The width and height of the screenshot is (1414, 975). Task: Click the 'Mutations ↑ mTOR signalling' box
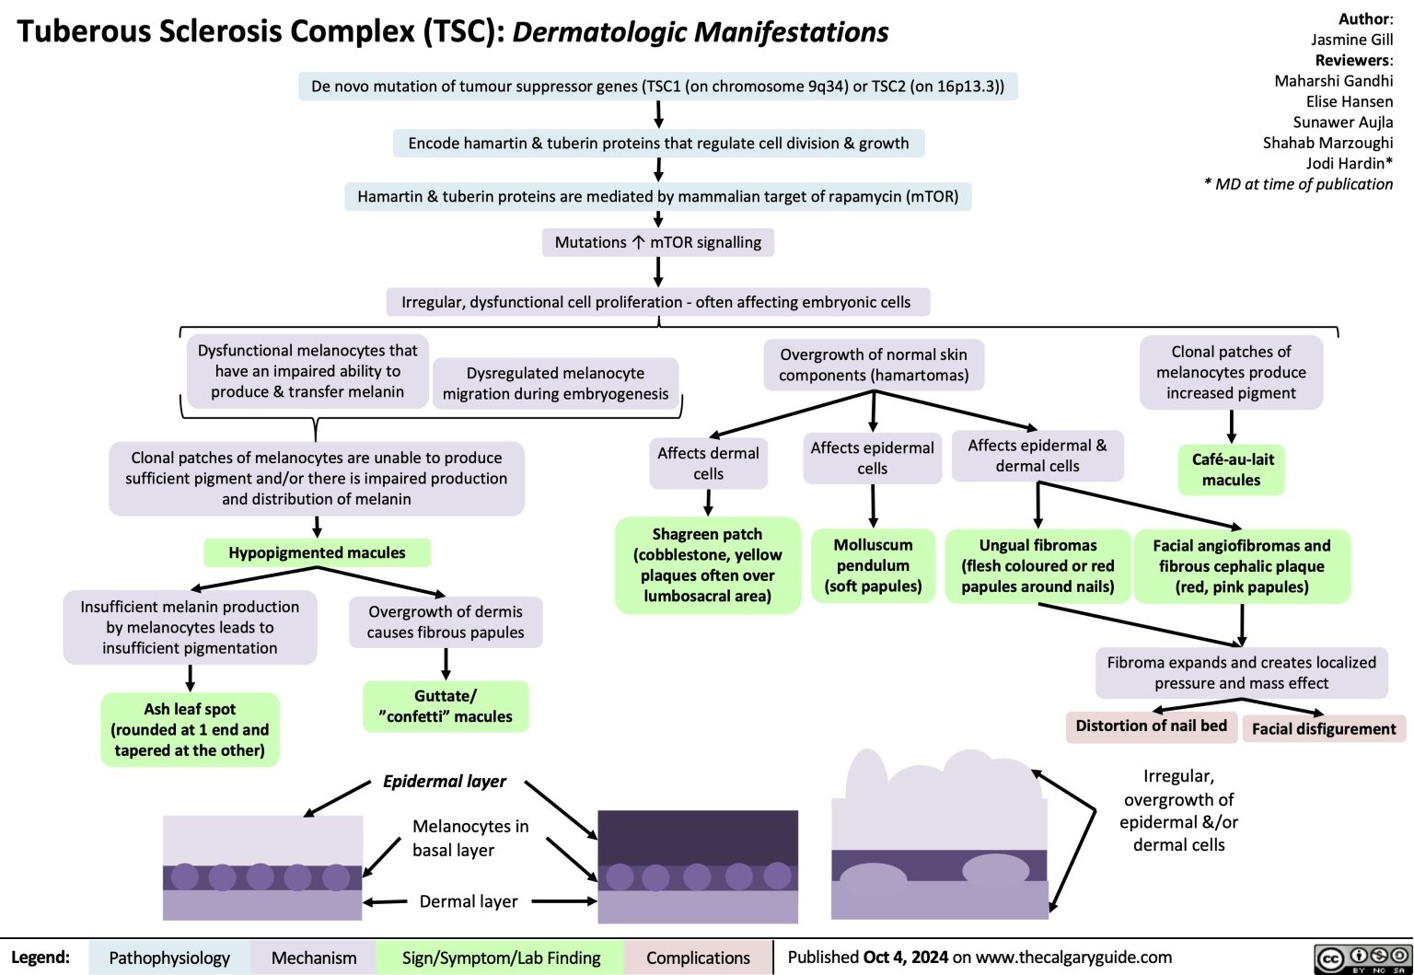click(x=658, y=242)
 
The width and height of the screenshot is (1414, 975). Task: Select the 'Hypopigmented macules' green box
click(x=317, y=552)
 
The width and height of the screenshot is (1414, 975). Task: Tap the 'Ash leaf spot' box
click(x=190, y=729)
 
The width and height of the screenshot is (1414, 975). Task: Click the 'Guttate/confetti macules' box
click(x=446, y=706)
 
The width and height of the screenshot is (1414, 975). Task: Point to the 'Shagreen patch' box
click(x=707, y=564)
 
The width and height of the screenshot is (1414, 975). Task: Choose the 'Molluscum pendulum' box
click(x=873, y=565)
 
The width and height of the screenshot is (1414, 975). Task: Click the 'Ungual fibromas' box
click(x=1037, y=565)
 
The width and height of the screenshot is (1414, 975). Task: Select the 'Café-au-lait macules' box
click(x=1231, y=469)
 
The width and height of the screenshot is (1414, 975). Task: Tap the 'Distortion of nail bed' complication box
click(x=1151, y=725)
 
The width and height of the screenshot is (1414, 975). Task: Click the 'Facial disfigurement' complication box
click(x=1324, y=728)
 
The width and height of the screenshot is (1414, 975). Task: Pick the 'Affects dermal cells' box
click(x=708, y=463)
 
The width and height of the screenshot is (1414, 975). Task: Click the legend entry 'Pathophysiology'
click(x=169, y=958)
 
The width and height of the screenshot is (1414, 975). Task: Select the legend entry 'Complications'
click(x=698, y=958)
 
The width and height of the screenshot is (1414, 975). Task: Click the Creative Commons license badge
click(x=1363, y=958)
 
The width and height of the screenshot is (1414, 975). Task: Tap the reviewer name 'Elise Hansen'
click(x=1349, y=101)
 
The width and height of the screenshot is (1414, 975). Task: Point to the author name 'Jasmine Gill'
click(x=1351, y=39)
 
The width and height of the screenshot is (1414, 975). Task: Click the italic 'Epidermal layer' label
click(x=445, y=781)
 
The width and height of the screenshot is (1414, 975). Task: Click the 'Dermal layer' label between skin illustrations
click(x=469, y=901)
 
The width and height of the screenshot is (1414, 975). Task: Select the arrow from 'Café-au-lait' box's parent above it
click(x=1231, y=426)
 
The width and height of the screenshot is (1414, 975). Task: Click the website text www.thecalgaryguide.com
click(x=1073, y=958)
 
